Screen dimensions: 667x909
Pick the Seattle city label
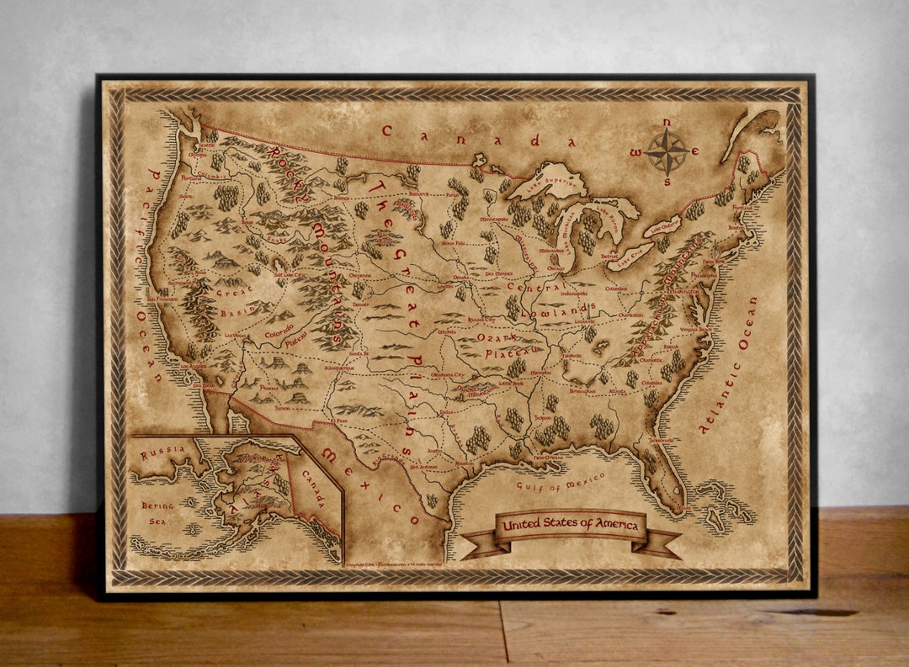203,146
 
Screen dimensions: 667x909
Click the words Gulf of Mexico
561,482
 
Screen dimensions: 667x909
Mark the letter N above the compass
667,123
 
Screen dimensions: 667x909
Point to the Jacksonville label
662,439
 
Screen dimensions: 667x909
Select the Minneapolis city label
493,219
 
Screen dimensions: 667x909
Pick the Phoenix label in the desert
268,388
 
